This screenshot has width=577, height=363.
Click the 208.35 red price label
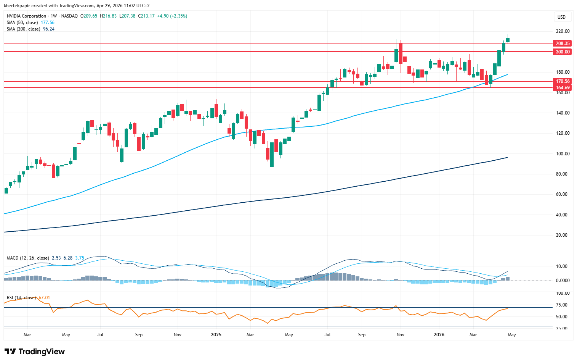[x=562, y=44]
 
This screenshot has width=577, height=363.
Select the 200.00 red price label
[x=562, y=52]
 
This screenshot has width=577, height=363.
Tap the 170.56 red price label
[x=562, y=81]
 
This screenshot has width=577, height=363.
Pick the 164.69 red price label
[x=562, y=88]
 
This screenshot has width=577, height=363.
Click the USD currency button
[x=561, y=17]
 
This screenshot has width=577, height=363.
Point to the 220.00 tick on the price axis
[x=563, y=31]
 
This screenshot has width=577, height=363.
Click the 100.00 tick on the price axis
[x=563, y=154]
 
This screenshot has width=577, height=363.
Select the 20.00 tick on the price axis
[x=561, y=235]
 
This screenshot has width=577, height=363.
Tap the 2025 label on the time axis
[x=216, y=335]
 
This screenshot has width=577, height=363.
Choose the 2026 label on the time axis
[x=439, y=335]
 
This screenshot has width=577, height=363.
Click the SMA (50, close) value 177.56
[x=48, y=23]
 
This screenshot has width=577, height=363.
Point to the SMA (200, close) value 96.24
[x=49, y=29]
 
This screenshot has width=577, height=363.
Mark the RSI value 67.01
[x=44, y=298]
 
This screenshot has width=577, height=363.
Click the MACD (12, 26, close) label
[x=28, y=258]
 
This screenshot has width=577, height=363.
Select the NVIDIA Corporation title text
[x=26, y=16]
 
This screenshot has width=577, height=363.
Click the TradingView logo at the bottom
[x=35, y=352]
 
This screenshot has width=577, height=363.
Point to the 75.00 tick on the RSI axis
[x=561, y=305]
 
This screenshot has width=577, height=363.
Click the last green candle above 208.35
[x=508, y=40]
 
